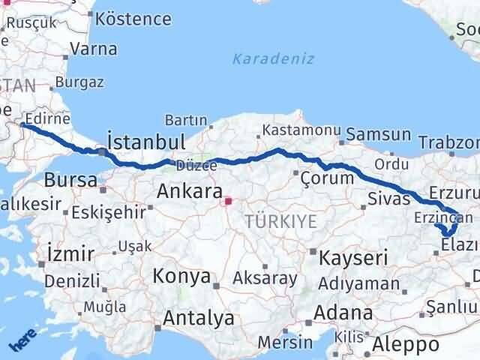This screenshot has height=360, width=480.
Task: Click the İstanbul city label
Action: (x=146, y=142)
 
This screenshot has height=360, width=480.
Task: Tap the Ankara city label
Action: (x=189, y=191)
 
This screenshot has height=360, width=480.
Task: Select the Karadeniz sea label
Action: (x=273, y=59)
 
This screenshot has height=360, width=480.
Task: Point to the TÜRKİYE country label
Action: (x=280, y=220)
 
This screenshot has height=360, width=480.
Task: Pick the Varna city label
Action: (x=92, y=49)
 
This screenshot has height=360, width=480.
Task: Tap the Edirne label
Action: (x=47, y=118)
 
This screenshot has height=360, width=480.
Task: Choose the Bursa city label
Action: (x=70, y=180)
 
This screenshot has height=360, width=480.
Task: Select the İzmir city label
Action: (x=70, y=252)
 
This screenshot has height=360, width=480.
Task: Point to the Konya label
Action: (x=181, y=276)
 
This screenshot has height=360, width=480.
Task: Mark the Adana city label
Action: (x=344, y=313)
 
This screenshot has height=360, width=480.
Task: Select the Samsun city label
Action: (x=379, y=135)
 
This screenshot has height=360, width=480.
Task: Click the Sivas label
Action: (x=389, y=199)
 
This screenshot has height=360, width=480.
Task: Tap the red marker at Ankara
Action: (x=228, y=201)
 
